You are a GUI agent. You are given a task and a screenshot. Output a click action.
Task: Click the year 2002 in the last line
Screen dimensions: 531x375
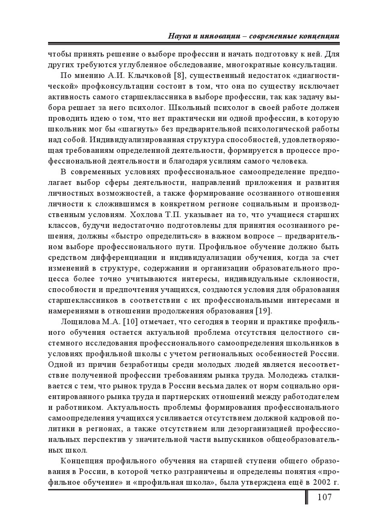(319, 483)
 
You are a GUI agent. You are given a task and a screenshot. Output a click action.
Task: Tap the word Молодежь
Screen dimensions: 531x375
(294, 375)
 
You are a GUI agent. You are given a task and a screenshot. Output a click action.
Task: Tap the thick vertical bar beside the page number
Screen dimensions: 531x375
(307, 497)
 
